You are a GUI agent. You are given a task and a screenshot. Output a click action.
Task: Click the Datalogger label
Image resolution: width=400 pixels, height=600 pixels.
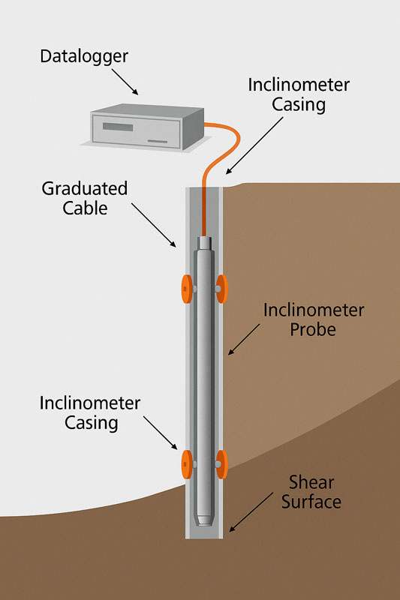tap(84, 57)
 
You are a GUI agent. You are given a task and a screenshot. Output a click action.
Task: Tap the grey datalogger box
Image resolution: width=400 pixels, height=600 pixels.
tap(147, 127)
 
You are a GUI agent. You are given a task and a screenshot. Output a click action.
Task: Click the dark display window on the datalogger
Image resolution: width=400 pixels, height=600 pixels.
tap(118, 127)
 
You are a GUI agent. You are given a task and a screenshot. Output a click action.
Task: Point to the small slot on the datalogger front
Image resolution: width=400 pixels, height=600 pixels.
tap(158, 141)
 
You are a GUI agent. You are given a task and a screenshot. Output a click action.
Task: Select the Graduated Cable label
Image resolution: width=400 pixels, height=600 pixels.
tap(85, 198)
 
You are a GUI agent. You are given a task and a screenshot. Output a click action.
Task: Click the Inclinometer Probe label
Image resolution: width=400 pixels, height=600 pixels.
tap(314, 319)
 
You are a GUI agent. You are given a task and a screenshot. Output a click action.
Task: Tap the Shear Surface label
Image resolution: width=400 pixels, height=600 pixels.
tap(311, 492)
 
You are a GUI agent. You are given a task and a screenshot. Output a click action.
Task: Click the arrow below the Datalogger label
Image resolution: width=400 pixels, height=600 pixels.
tap(125, 82)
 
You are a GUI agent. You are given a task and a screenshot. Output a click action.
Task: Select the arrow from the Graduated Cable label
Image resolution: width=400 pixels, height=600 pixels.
tap(154, 225)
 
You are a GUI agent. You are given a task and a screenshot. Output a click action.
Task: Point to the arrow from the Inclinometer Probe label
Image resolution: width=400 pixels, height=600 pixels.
tap(244, 340)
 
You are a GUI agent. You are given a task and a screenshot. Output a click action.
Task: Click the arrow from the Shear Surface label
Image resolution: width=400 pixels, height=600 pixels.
tap(251, 512)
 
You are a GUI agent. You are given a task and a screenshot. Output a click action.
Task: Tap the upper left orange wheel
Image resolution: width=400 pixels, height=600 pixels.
tap(186, 289)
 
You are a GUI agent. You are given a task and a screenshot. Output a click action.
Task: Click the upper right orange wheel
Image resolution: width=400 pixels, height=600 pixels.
tap(222, 289)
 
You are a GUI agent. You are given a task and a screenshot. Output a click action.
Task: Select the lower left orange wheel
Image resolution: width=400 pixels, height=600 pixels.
tap(186, 464)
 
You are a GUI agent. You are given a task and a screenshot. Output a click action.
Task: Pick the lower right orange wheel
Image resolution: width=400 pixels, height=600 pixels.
tap(222, 464)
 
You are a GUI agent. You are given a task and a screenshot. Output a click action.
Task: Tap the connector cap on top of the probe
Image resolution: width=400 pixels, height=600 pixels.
tap(204, 242)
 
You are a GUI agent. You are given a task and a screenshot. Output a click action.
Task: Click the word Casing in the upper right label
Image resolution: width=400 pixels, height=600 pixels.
tap(299, 104)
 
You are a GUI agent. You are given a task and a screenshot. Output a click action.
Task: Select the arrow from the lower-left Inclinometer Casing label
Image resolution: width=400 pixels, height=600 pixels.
tap(161, 433)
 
